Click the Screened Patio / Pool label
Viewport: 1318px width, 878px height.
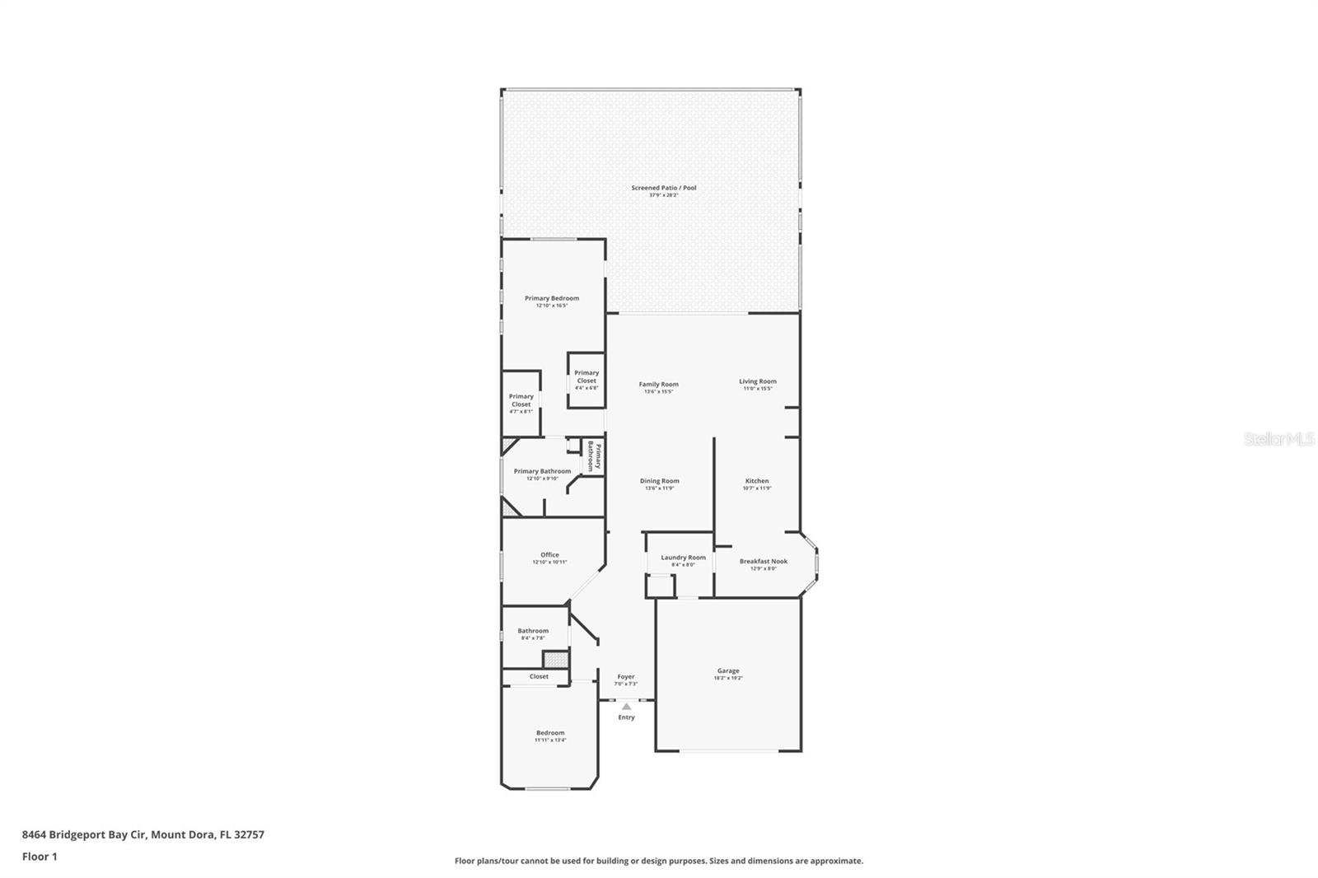(663, 189)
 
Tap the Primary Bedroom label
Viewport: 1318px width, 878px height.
(552, 299)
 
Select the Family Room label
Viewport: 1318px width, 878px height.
(658, 385)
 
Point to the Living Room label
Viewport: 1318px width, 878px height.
(757, 382)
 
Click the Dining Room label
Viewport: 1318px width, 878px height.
(659, 482)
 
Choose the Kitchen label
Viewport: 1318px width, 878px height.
(756, 482)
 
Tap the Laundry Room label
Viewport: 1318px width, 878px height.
(683, 558)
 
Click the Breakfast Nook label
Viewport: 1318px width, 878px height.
(763, 562)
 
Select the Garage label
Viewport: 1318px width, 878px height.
(727, 671)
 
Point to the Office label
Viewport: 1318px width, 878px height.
(549, 556)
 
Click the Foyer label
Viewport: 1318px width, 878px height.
(626, 677)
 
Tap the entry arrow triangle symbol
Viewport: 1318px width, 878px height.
(626, 706)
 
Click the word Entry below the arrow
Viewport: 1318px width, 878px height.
(626, 717)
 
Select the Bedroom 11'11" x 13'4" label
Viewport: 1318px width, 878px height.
(550, 734)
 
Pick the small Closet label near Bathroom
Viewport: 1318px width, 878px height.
(539, 677)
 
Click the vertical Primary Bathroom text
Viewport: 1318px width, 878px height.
(595, 456)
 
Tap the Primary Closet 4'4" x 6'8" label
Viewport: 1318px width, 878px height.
(587, 377)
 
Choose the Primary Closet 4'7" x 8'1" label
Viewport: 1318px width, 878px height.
(521, 401)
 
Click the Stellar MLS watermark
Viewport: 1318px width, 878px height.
(1278, 440)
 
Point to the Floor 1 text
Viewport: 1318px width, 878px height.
(40, 857)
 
